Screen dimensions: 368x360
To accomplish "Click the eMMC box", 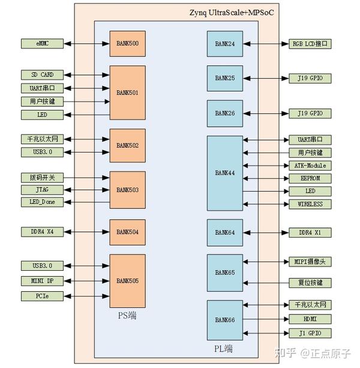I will coord(42,44).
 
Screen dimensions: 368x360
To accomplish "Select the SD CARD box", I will coord(42,75).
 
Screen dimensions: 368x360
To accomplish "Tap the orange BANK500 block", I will coord(127,44).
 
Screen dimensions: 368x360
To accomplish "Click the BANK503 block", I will coord(127,190).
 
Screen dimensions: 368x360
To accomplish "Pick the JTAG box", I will coord(42,190).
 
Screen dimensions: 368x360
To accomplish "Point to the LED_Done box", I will coord(42,202).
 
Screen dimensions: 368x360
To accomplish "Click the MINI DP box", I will coord(42,280).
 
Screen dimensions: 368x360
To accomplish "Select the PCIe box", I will coord(42,295).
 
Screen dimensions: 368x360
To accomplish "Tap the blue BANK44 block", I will coord(225,173).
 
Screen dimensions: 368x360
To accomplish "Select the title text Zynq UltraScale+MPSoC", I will coord(231,12).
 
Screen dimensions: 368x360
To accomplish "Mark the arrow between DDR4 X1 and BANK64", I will coord(265,232).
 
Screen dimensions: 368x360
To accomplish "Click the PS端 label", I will coord(127,315).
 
